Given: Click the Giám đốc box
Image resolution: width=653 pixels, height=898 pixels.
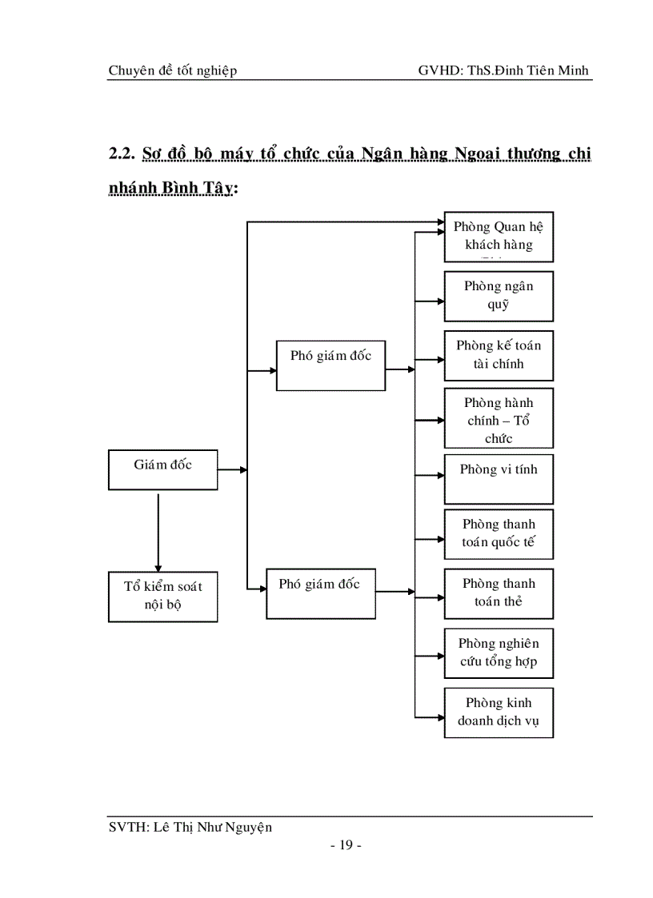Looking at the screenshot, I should click(162, 469).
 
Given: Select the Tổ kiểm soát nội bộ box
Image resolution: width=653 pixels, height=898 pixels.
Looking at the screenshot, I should click(162, 596).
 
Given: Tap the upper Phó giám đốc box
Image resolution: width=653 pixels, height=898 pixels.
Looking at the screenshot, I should click(331, 365).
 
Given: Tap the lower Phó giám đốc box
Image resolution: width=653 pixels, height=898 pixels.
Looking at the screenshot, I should click(320, 593).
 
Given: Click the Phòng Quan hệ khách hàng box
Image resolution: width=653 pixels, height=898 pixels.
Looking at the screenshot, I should click(499, 237).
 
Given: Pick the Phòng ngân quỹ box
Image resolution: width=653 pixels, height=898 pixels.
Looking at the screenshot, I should click(499, 296).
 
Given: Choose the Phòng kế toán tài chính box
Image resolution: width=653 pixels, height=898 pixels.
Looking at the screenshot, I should click(499, 355).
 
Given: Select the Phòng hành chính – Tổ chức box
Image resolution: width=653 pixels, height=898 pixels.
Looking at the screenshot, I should click(499, 418).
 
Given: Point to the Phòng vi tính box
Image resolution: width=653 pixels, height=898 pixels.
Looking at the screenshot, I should click(499, 478).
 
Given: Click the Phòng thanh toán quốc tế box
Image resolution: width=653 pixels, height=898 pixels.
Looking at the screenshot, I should click(499, 534).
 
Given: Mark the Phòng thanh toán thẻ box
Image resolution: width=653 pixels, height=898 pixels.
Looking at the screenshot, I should click(499, 593).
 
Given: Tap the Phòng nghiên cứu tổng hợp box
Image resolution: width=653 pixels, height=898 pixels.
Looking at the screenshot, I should click(499, 653).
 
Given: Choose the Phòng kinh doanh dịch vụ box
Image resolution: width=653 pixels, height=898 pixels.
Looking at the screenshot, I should click(499, 712).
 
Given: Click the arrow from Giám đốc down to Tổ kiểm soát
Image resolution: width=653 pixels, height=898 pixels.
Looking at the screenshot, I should click(158, 532).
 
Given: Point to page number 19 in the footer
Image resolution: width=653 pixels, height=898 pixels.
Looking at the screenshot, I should click(347, 846).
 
